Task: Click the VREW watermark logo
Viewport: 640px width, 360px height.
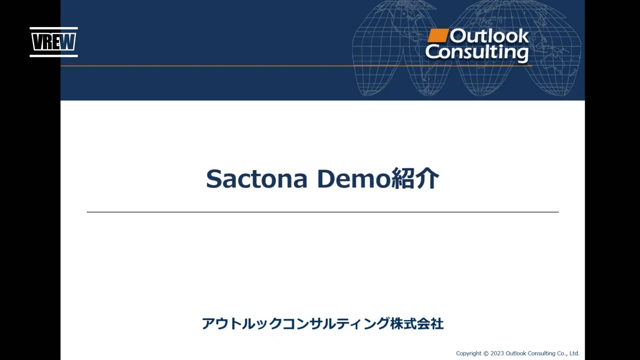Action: pos(54,42)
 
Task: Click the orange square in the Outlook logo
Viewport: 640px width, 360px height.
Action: pos(437,36)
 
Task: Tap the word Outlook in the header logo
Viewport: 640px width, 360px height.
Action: pos(489,36)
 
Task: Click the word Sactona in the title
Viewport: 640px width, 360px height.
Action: pos(256,179)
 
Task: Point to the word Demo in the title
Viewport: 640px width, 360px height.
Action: pos(354,179)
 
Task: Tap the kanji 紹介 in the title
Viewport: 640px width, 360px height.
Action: pos(415,179)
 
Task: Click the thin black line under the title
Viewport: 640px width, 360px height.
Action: pos(322,212)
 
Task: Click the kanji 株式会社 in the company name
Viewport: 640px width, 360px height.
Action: pos(417,324)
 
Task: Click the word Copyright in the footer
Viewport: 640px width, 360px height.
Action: pos(468,353)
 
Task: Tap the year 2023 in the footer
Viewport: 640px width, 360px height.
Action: pos(497,353)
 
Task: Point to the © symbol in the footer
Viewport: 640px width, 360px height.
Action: pos(486,353)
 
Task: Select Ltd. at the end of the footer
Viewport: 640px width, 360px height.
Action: pos(574,353)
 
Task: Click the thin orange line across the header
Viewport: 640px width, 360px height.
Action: pos(233,66)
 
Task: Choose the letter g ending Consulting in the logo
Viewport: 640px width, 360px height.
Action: pos(522,54)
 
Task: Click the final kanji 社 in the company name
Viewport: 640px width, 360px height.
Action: pos(437,324)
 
